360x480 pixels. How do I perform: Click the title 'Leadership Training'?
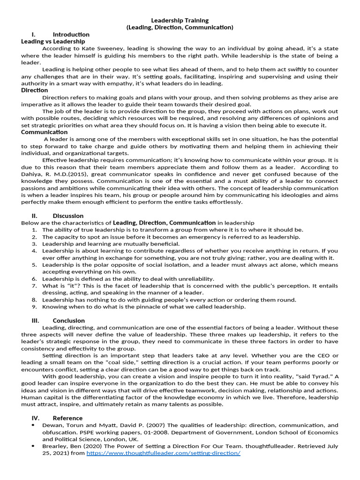[x=180, y=21]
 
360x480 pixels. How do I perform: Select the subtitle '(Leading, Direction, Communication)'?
[x=180, y=28]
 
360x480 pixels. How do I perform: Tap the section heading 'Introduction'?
[x=71, y=35]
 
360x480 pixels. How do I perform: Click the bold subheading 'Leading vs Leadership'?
[x=53, y=42]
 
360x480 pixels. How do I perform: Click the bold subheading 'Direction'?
[x=34, y=90]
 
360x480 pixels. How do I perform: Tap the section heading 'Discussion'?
[x=68, y=216]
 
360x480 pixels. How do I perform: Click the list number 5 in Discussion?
[x=34, y=265]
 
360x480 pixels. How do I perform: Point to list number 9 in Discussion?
[x=34, y=307]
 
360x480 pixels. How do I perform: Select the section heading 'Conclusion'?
[x=69, y=321]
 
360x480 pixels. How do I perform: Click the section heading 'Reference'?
[x=67, y=418]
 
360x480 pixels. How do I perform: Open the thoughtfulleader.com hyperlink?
[x=164, y=454]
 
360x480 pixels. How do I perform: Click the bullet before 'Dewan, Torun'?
[x=33, y=425]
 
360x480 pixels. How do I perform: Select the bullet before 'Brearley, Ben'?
[x=33, y=447]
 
